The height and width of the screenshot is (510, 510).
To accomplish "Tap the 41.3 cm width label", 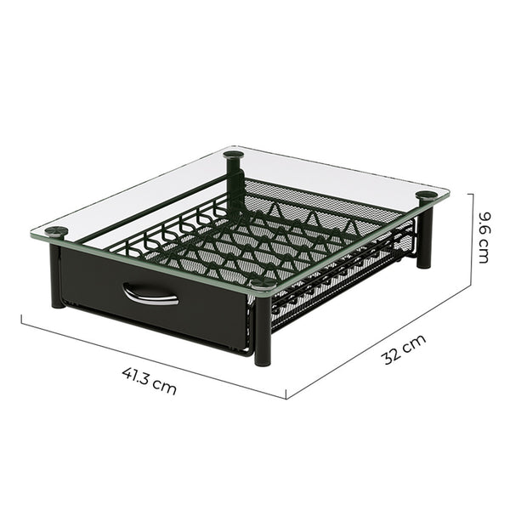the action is pyautogui.click(x=150, y=381).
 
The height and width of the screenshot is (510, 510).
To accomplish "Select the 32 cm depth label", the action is pyautogui.click(x=403, y=349).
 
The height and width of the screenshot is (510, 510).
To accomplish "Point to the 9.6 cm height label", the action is pyautogui.click(x=484, y=237).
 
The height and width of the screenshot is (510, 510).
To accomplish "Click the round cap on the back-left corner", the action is pyautogui.click(x=234, y=155).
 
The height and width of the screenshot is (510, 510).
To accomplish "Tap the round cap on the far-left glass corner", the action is pyautogui.click(x=56, y=231).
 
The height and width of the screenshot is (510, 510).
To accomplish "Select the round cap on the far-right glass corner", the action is pyautogui.click(x=427, y=195).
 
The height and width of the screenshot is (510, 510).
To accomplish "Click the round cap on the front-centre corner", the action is pyautogui.click(x=263, y=284).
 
